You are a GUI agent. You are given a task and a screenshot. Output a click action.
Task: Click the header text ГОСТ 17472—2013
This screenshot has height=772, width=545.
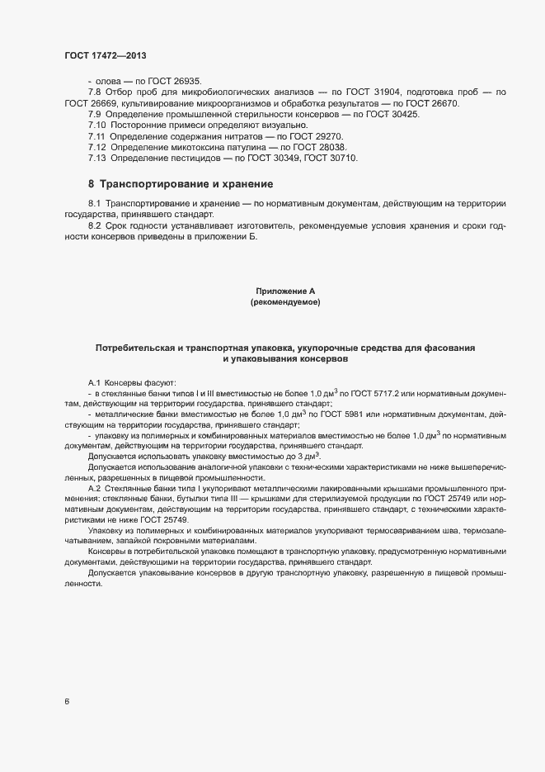click(106, 54)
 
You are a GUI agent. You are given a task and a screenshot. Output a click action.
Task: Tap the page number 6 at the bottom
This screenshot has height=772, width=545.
click(68, 702)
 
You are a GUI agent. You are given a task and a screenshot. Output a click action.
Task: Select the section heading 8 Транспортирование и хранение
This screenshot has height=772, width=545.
click(181, 182)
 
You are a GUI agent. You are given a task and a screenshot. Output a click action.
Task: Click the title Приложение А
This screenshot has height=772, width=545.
click(285, 291)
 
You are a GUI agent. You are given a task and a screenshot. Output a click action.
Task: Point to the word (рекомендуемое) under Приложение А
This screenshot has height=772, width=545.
click(285, 303)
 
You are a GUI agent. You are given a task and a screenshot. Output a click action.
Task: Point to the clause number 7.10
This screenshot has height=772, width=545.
click(97, 125)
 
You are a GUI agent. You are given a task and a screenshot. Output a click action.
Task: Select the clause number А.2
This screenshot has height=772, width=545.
click(94, 490)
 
